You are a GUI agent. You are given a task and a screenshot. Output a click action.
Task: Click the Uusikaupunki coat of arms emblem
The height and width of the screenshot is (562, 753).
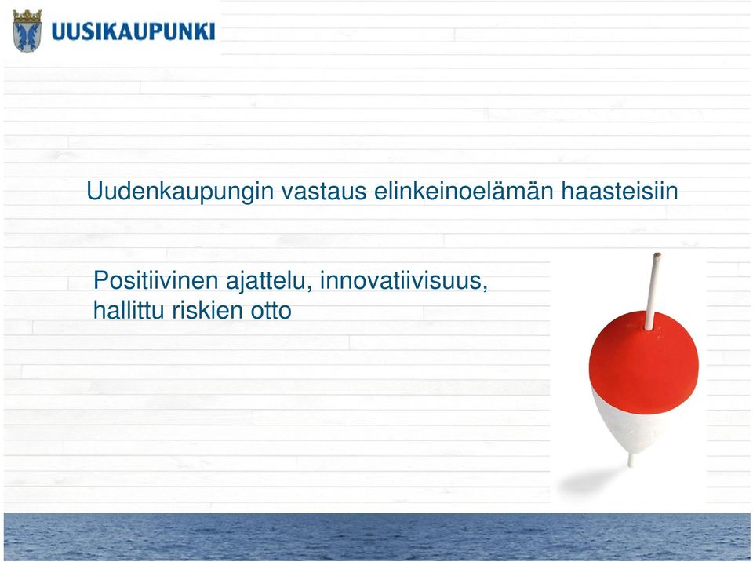pos(27,31)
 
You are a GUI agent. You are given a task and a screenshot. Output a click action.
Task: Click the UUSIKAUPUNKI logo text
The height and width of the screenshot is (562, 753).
pos(133,31)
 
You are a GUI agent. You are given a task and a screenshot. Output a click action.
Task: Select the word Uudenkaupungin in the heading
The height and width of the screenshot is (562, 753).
pos(180,192)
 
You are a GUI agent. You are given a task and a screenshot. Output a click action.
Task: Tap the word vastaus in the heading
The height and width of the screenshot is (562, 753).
pos(324,192)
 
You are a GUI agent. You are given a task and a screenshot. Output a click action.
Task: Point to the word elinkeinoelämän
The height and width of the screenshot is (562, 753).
pos(464,191)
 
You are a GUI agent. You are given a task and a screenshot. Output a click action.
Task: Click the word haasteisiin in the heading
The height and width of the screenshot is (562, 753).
pos(620,191)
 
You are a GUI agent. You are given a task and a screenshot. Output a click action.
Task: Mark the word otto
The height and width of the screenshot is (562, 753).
pos(271,311)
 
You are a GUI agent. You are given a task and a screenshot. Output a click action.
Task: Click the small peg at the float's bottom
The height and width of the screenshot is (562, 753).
pos(631,460)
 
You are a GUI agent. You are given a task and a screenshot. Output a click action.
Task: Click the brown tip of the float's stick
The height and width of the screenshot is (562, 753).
pos(657,255)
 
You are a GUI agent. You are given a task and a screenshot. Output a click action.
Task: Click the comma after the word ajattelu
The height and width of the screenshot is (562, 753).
pos(309,289)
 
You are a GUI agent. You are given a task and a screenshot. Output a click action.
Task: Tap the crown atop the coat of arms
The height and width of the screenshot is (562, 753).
pos(27,16)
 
